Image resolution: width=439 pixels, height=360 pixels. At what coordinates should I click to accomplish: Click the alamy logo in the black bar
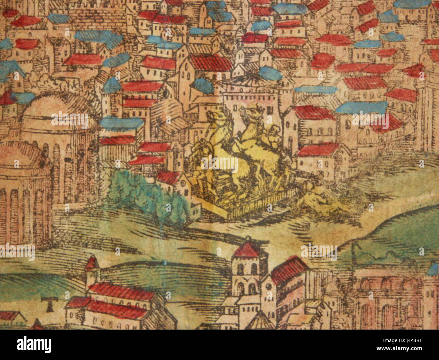pos(34,344)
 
